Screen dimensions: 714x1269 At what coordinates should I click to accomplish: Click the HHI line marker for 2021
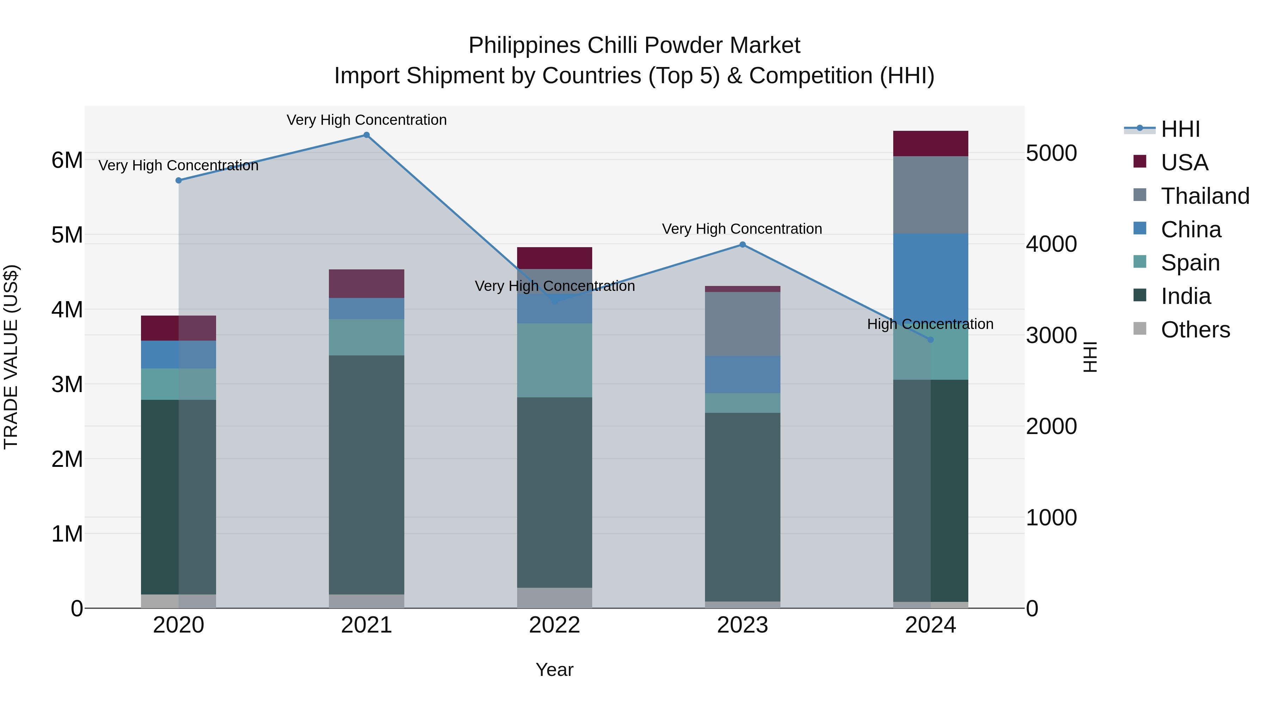point(367,135)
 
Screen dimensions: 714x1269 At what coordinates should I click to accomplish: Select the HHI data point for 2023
point(742,244)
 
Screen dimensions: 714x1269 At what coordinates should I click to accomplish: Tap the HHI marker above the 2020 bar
point(179,180)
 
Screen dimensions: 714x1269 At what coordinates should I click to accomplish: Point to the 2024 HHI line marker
point(931,340)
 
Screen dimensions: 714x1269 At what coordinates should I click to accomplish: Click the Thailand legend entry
point(1204,196)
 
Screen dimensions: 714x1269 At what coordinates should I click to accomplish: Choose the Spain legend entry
point(1190,263)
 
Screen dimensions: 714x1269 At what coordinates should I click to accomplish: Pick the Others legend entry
point(1195,330)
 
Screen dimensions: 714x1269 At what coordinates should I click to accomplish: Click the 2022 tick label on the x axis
point(554,625)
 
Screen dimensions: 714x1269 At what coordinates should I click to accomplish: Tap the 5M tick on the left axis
point(67,235)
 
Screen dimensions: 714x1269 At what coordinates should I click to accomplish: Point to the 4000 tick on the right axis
point(1051,244)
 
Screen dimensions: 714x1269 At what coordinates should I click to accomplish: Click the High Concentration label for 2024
point(930,324)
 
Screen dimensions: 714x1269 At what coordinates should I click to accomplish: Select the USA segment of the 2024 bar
point(931,144)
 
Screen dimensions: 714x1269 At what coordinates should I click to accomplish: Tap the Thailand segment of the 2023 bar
point(742,324)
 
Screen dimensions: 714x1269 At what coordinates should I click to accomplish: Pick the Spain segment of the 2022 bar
point(554,360)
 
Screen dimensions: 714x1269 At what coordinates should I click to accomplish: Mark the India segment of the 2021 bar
point(367,475)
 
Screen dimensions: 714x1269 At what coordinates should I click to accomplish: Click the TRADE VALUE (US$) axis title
point(11,357)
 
